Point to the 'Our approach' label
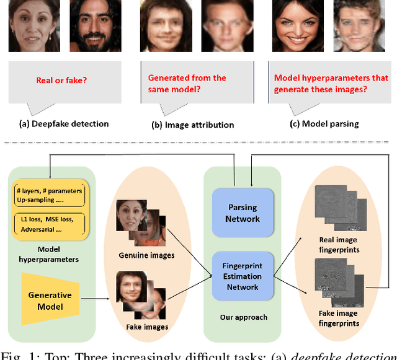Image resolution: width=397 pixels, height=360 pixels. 244,317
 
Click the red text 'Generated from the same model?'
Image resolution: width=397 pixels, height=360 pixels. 187,83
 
